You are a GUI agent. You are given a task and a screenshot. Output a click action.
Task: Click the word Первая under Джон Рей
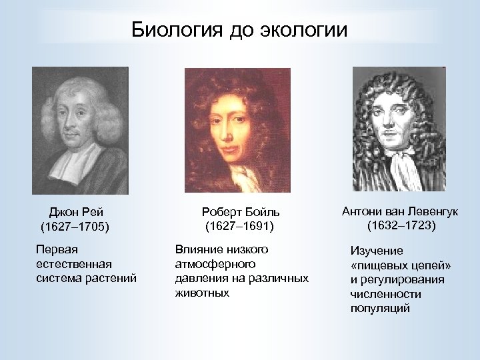pos(57,250)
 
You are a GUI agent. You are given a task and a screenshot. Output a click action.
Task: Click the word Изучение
pos(377,251)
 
